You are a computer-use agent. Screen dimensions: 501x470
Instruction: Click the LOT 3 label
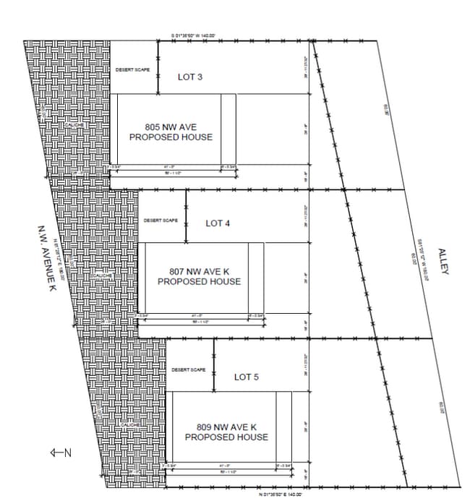(x=190, y=77)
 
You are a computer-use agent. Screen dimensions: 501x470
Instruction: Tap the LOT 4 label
(x=218, y=223)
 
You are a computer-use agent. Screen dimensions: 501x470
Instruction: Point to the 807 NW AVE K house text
(x=199, y=277)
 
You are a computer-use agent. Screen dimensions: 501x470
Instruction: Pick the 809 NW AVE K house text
(x=226, y=432)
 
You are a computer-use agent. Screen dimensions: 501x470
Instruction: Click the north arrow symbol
(x=60, y=453)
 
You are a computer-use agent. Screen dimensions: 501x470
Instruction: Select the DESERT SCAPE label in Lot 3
(x=131, y=69)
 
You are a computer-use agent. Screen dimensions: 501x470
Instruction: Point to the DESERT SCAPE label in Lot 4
(x=161, y=220)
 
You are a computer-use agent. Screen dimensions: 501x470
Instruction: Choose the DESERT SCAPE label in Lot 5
(x=189, y=370)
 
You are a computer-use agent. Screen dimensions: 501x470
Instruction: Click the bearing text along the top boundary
(x=194, y=35)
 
